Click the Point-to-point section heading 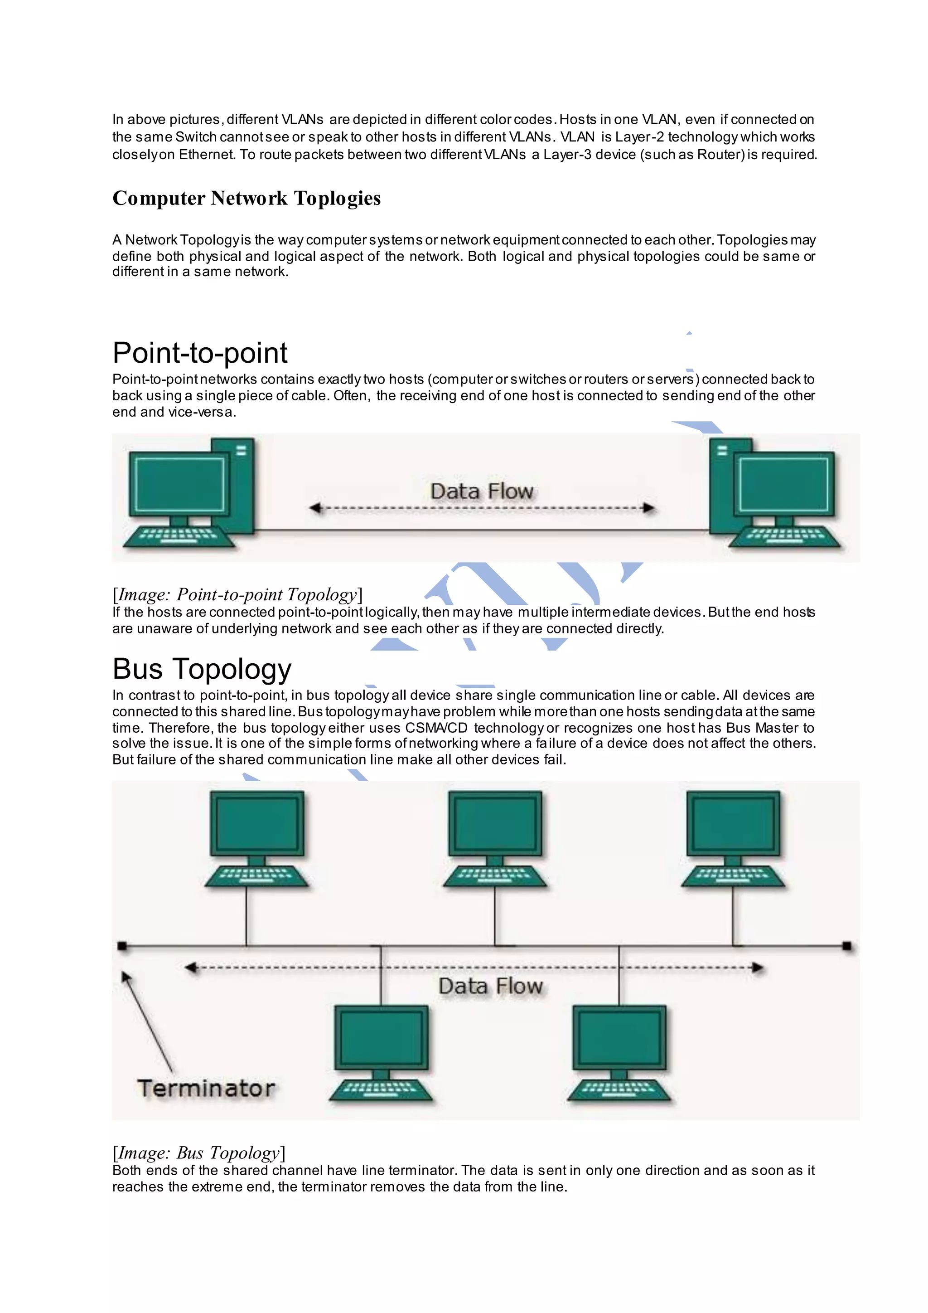[x=199, y=353]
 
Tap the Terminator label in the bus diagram [x=206, y=1088]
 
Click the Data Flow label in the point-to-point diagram [x=482, y=491]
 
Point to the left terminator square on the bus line [x=122, y=946]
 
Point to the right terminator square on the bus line [x=847, y=946]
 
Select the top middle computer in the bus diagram [x=495, y=838]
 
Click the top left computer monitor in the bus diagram [x=257, y=823]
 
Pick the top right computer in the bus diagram [x=733, y=838]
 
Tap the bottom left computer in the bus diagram [x=381, y=1052]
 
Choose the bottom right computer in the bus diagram [x=619, y=1052]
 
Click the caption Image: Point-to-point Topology [x=237, y=594]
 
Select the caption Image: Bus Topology [x=199, y=1153]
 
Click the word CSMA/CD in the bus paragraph [x=436, y=728]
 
